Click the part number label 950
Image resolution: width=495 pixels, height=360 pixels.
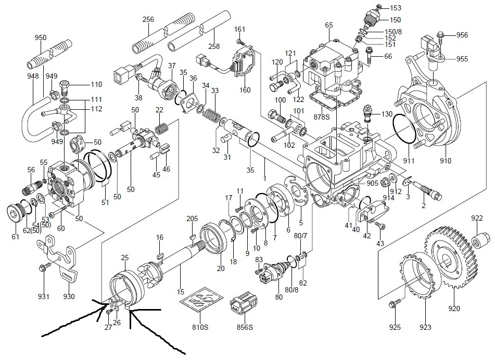(41, 37)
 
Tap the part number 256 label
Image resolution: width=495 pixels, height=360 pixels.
(149, 19)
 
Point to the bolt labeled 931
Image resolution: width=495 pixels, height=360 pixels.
(43, 268)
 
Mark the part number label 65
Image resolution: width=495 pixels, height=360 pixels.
(328, 25)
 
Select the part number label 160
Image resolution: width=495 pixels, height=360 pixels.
(245, 89)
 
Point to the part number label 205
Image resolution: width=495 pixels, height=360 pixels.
(193, 218)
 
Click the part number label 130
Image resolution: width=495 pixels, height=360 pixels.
(387, 114)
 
